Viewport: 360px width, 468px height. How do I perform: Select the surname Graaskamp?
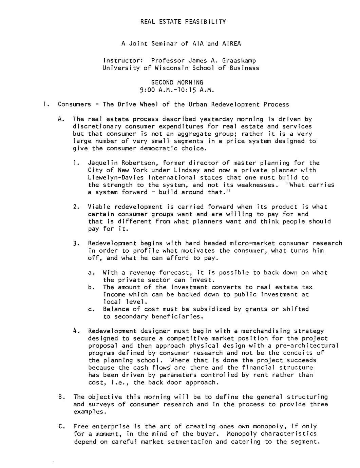click(239, 61)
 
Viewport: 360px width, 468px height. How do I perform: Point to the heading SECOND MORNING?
click(177, 82)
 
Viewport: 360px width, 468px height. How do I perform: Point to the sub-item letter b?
click(91, 287)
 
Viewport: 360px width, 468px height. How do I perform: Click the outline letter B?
click(61, 397)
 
